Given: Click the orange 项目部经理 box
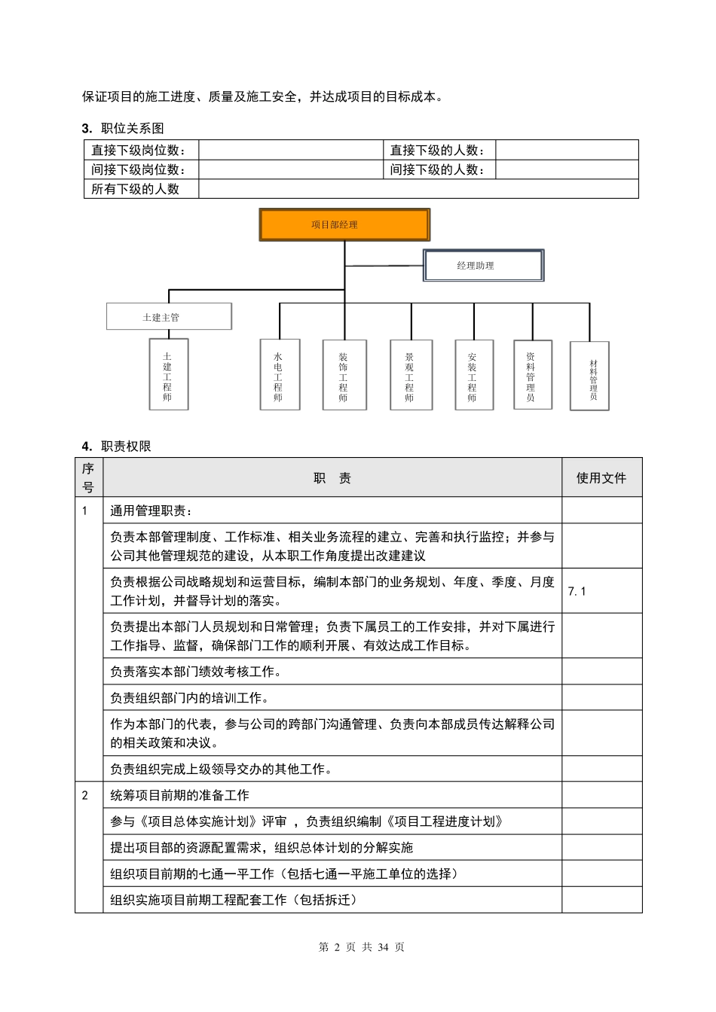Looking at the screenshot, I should tap(344, 225).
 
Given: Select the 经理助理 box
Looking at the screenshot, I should tap(483, 266).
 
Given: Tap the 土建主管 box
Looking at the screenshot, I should tap(169, 317).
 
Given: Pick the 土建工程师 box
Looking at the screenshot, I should tap(168, 375).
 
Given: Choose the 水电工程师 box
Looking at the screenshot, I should tap(279, 375).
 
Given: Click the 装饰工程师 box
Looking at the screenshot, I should tap(344, 375).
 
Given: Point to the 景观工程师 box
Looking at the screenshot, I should tap(411, 375).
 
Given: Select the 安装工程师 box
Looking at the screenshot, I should tap(473, 375).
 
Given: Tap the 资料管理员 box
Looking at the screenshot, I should tap(532, 375).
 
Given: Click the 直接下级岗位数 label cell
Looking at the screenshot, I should tap(141, 150).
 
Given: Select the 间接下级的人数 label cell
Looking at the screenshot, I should tap(439, 169).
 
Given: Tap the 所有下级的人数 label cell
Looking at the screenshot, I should tap(141, 189).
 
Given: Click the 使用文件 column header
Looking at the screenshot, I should tap(601, 477).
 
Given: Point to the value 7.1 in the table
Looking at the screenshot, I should tap(577, 591).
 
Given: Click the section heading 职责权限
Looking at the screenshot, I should tap(126, 446).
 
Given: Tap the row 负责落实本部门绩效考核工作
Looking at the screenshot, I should tap(196, 672).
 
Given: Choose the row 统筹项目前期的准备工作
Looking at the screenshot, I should tap(179, 795).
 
